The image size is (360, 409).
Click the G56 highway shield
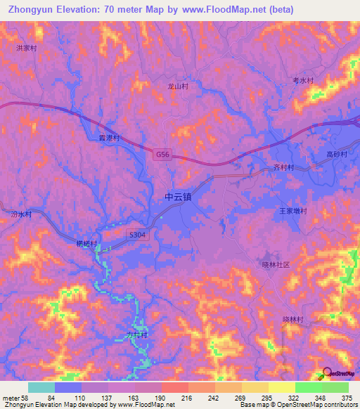point(163,153)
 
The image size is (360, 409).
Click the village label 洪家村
point(26,48)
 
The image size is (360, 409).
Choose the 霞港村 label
point(109,138)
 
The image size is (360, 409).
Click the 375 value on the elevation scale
point(346,398)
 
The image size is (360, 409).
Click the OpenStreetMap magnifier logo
point(327,374)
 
